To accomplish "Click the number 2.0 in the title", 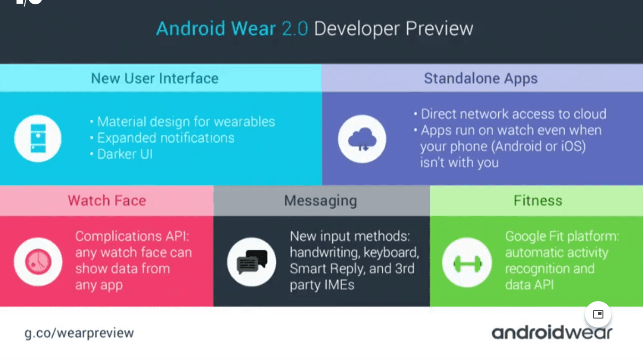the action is (x=295, y=29).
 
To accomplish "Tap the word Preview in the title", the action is (x=439, y=29).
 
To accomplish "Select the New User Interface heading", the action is (x=155, y=78).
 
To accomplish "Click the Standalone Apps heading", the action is (x=481, y=78).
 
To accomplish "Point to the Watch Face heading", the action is (x=107, y=200).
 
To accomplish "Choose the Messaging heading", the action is (x=321, y=201).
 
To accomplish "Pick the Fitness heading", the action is (x=538, y=200).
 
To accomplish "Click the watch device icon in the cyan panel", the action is (x=38, y=138).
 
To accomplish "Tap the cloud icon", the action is (x=362, y=139).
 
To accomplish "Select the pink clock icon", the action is (x=38, y=262).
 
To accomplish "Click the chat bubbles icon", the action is (x=252, y=262).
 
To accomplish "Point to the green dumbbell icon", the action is (x=467, y=263).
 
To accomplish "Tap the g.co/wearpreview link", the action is (x=79, y=333).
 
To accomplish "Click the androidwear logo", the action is (x=552, y=333).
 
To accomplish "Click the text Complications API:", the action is (x=132, y=237).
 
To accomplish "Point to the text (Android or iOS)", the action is (x=538, y=147).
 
